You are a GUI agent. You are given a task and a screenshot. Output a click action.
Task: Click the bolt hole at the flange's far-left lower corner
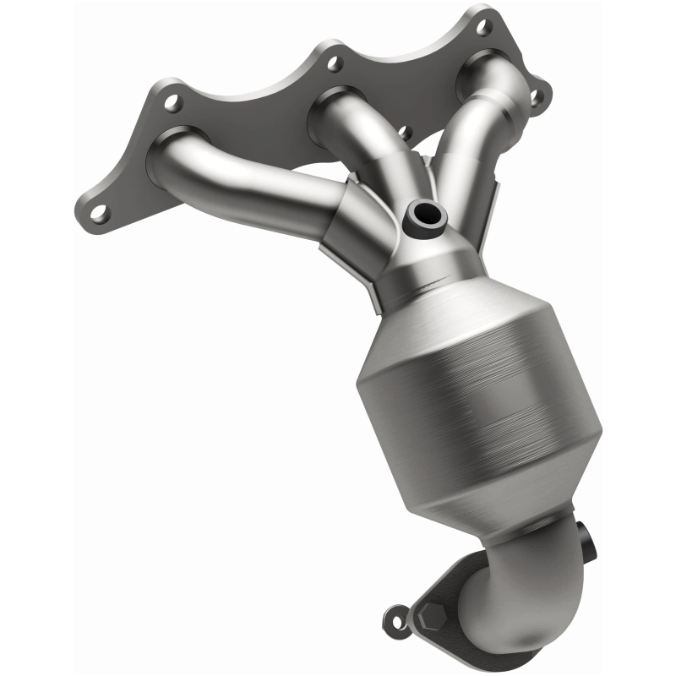tap(100, 212)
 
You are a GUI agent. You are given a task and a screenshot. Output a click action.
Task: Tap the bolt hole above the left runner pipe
tap(173, 103)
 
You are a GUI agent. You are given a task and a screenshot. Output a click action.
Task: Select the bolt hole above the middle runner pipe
tap(335, 62)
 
